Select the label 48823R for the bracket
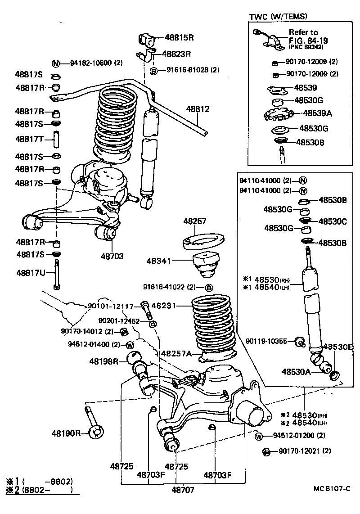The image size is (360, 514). coord(177,54)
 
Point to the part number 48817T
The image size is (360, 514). coord(29,139)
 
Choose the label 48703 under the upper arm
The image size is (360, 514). coord(112,256)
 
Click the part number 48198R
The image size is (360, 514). coord(103,361)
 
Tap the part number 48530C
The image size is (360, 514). coord(333,221)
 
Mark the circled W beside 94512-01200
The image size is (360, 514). coord(259,436)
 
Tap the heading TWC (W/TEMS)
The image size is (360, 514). coord(278,17)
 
